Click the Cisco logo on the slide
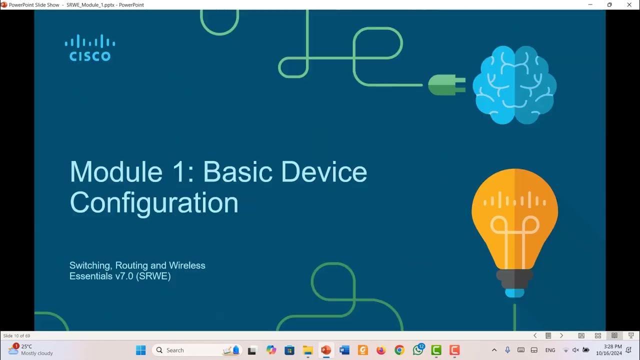(90, 48)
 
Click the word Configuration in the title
(154, 203)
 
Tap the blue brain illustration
(514, 84)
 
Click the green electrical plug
(446, 84)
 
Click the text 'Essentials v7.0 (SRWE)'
(120, 276)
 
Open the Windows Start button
(141, 350)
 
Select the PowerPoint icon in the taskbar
(326, 350)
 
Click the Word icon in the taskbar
(344, 350)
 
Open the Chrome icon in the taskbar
(399, 350)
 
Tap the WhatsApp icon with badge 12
(418, 350)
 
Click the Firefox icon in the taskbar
(381, 350)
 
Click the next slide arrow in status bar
(561, 336)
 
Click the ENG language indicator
(550, 350)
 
